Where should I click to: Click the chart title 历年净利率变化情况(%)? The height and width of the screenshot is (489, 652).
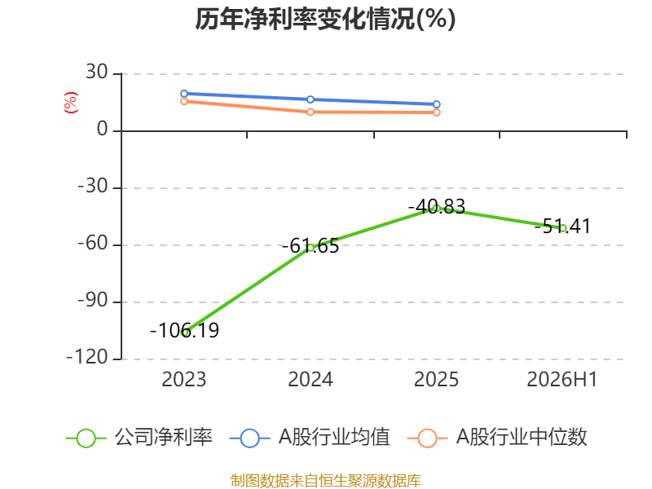click(x=325, y=19)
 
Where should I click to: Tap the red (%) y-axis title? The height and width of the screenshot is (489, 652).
click(x=71, y=103)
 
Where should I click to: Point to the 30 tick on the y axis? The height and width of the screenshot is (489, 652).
click(x=97, y=73)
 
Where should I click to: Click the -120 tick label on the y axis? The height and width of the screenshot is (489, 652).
click(x=87, y=357)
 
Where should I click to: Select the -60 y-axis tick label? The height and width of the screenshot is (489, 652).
click(x=93, y=243)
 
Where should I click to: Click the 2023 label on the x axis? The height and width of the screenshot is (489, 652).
click(x=184, y=380)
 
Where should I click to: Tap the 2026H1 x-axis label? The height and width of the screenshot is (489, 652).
click(x=562, y=380)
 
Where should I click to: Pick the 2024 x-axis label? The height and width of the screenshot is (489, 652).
click(x=311, y=380)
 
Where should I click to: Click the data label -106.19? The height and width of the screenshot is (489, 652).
click(x=184, y=331)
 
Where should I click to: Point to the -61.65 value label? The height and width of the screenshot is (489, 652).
click(x=311, y=246)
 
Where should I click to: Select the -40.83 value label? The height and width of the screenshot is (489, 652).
click(x=437, y=207)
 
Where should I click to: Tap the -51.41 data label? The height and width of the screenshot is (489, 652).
click(x=562, y=227)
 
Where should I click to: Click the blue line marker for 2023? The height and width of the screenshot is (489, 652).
click(x=184, y=94)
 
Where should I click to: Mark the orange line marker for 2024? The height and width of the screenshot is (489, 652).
click(x=311, y=112)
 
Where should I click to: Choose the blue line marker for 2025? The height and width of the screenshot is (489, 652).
click(x=437, y=104)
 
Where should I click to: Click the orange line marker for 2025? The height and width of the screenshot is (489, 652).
click(x=437, y=112)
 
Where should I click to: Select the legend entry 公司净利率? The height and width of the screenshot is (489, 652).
click(x=139, y=438)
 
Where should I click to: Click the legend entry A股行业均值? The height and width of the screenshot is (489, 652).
click(x=310, y=438)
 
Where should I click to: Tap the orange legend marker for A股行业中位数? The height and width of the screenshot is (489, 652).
click(x=427, y=438)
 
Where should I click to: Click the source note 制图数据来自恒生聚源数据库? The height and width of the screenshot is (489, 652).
click(x=326, y=481)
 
